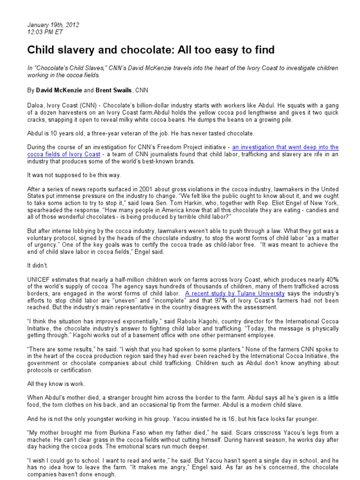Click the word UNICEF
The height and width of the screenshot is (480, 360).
(39, 279)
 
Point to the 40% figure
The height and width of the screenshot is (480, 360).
(330, 279)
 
